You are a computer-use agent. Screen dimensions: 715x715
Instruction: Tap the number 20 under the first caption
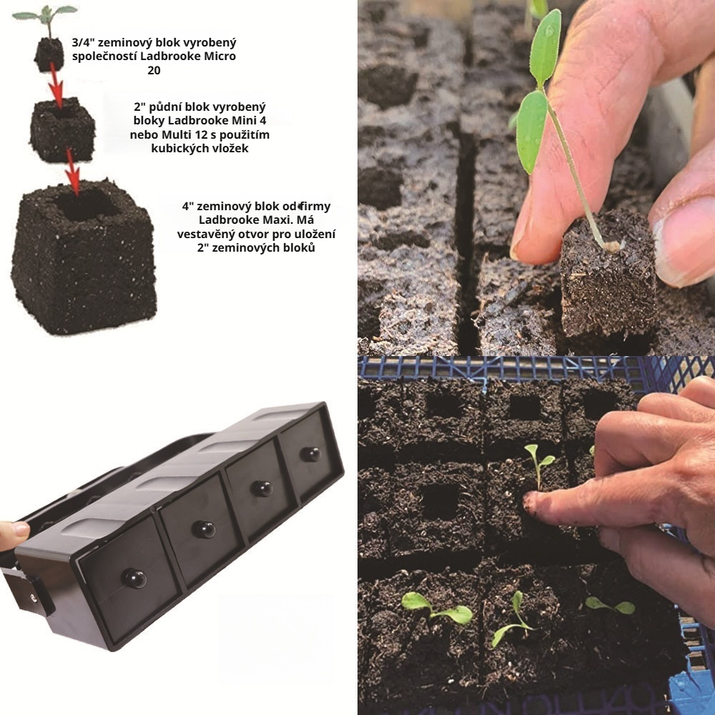click(x=154, y=71)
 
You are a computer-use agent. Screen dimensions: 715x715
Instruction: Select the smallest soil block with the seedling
click(x=49, y=54)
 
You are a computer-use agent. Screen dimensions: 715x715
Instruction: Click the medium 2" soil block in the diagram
click(x=62, y=129)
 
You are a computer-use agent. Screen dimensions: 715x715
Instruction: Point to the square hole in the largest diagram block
click(x=87, y=204)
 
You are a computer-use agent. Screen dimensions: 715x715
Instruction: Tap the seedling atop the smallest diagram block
click(x=45, y=19)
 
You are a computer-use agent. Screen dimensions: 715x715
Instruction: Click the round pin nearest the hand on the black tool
click(x=134, y=578)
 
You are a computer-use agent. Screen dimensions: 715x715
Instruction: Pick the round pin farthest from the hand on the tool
click(x=310, y=454)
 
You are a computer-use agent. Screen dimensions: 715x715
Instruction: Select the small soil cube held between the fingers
click(x=607, y=275)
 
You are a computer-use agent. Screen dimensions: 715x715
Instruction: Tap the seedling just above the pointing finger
click(x=539, y=464)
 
